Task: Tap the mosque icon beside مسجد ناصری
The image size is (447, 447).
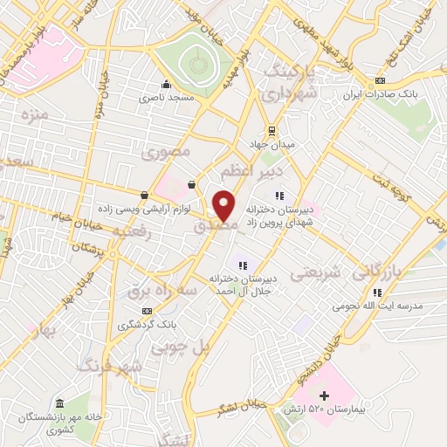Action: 166,85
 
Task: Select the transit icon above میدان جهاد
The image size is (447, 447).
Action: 272,131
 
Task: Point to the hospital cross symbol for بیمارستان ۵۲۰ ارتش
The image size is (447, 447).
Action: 325,395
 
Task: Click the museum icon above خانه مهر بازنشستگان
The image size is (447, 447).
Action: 59,404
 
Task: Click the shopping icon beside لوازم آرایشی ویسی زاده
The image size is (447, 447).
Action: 144,194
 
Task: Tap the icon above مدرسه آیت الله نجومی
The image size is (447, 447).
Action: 375,292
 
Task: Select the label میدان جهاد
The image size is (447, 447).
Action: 278,143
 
